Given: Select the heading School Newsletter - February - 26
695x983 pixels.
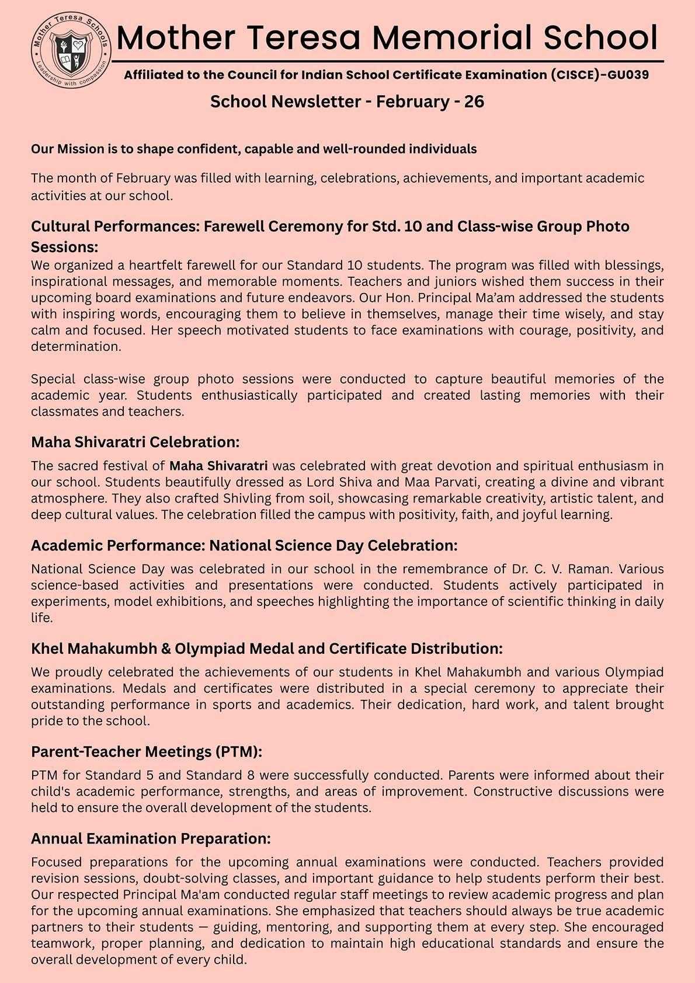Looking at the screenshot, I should tap(347, 102).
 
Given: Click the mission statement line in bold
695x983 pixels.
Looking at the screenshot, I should tap(254, 149).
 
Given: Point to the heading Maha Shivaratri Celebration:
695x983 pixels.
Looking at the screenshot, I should tap(135, 442).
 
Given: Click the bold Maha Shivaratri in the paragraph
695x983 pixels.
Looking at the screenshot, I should tap(218, 466).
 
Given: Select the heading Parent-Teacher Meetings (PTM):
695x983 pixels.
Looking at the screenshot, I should tap(147, 751).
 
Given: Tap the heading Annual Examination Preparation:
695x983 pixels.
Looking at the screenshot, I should tap(151, 839).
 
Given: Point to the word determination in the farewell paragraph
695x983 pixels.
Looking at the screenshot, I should tap(76, 347).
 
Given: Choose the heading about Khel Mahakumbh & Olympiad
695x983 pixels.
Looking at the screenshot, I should tap(266, 649).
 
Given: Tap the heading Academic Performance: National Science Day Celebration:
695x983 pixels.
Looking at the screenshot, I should tap(244, 546).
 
